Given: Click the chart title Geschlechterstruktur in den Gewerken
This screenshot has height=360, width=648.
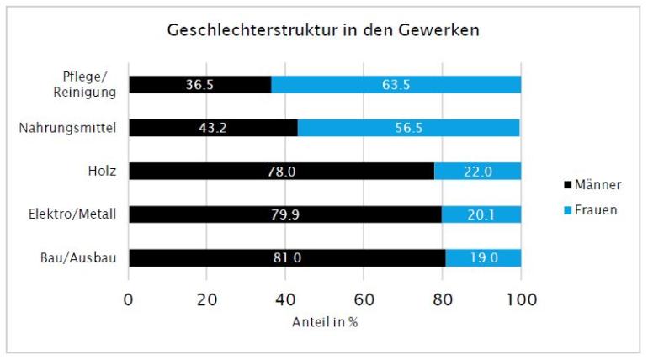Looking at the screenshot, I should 324,30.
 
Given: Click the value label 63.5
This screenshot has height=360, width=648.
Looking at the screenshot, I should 396,84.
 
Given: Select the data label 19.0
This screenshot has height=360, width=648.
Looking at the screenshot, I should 482,258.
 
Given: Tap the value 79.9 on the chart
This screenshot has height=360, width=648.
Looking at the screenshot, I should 284,215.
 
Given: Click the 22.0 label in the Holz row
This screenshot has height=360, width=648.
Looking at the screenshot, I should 477,172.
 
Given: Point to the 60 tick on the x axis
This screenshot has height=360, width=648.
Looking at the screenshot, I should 364,299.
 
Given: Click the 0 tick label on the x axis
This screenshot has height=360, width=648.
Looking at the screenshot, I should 129,299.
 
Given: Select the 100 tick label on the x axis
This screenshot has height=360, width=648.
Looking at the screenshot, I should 521,299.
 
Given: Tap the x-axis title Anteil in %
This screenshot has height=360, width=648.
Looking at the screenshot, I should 325,323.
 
